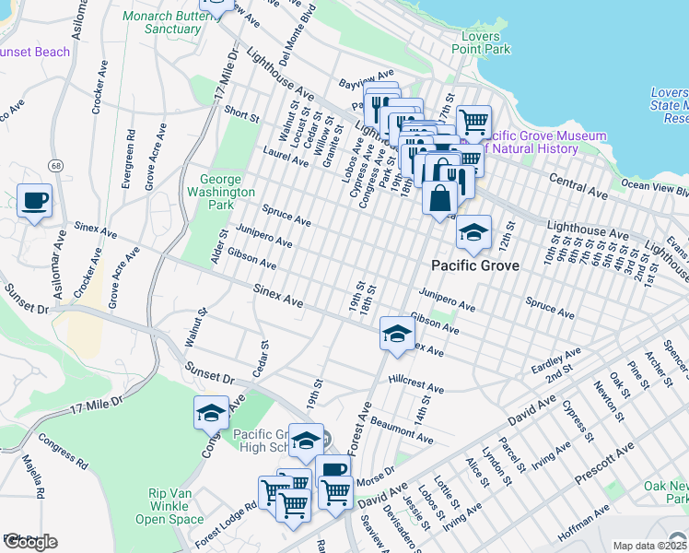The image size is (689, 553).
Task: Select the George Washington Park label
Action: [x=220, y=192]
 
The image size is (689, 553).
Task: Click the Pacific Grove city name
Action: [x=476, y=265]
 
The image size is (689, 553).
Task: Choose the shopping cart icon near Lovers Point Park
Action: [x=473, y=121]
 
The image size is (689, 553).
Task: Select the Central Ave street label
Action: [x=578, y=185]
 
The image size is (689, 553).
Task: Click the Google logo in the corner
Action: [x=29, y=541]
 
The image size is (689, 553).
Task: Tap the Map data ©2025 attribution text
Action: [x=649, y=546]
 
